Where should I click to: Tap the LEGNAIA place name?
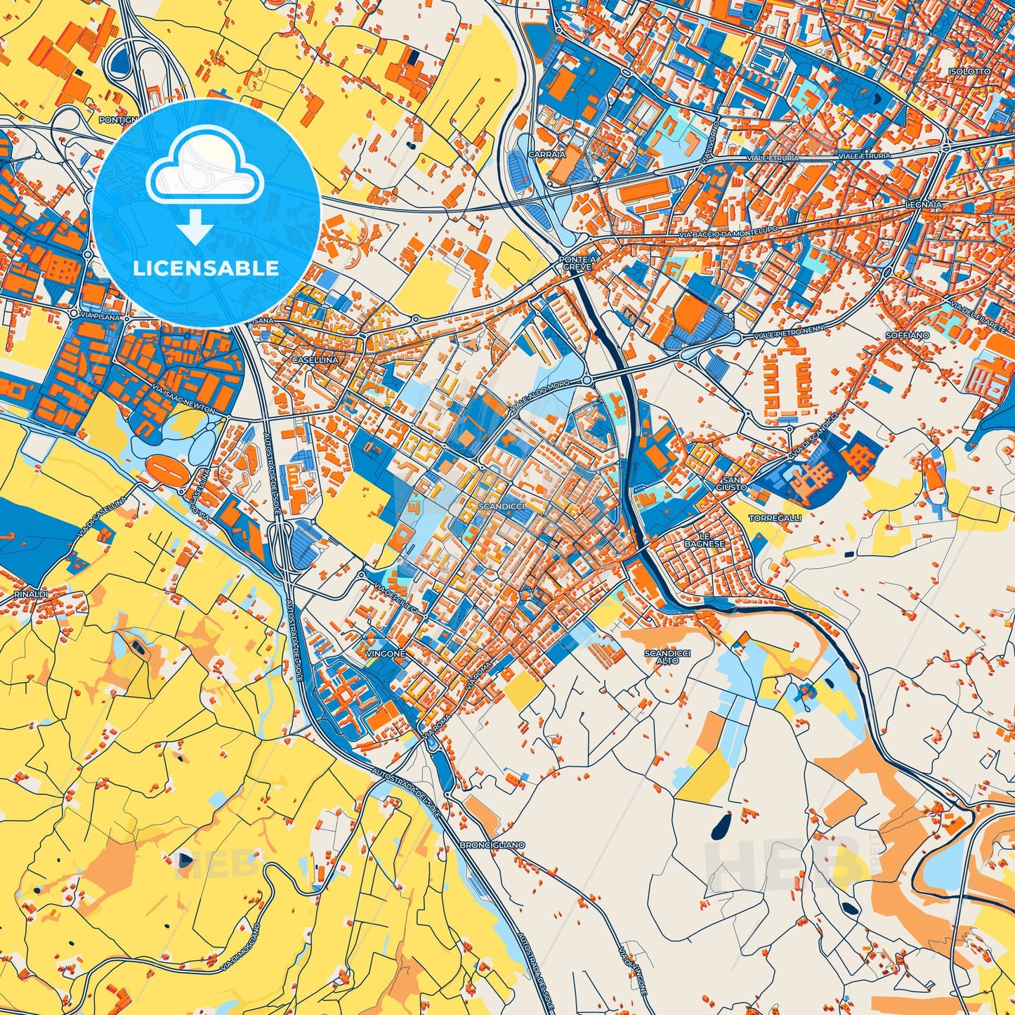pos(924,204)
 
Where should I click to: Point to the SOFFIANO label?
pos(907,336)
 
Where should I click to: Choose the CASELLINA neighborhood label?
pos(316,360)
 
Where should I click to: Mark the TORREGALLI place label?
pos(775,518)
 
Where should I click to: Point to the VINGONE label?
pos(386,654)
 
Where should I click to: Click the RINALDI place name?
pos(31,594)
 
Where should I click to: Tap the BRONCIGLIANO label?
pos(492,844)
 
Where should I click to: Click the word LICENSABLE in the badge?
pos(206,268)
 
